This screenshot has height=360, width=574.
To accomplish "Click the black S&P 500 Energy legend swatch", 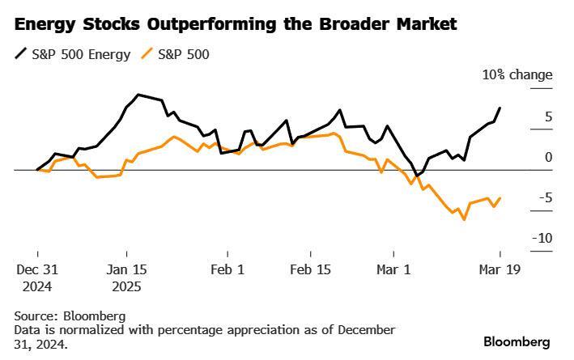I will point(20,55).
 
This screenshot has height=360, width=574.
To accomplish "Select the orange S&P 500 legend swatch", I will point(147,55).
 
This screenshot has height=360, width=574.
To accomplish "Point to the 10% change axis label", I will point(517,75).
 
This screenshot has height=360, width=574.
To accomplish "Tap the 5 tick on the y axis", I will point(548,117).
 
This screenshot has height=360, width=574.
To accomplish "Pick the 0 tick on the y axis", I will point(548,158).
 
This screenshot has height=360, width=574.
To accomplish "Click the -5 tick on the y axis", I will point(546,198).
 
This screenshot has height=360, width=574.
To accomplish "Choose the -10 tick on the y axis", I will point(542,239).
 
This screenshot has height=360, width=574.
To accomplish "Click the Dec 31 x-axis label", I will point(37,270).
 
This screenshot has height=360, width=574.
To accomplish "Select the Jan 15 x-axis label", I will point(128,270).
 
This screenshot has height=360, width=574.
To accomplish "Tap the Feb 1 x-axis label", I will point(227,270).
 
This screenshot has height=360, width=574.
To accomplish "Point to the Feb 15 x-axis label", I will point(312,270).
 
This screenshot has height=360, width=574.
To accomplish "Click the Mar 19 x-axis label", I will point(500,270).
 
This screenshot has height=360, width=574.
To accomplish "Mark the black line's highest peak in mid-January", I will point(138,95).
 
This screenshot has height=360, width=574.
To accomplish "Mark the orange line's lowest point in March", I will point(465,219).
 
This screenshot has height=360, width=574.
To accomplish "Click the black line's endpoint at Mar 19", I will point(500,108).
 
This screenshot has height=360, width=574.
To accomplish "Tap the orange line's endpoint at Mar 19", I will point(500,198).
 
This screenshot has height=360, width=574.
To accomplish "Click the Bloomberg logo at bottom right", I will point(517,341).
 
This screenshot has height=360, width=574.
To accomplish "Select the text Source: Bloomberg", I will point(70,316).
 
